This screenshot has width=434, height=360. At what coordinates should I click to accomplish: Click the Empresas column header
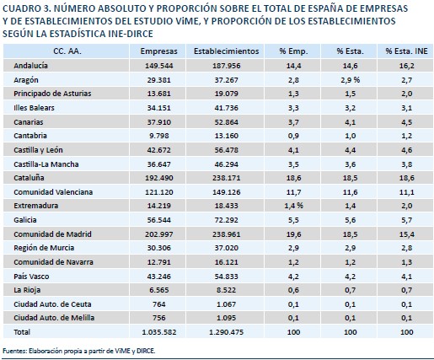coord(158,51)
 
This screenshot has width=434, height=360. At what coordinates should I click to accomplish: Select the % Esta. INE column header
coord(406,51)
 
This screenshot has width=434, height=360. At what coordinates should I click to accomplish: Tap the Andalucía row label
coord(30,66)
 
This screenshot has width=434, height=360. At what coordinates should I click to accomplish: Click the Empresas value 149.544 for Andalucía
coord(159,66)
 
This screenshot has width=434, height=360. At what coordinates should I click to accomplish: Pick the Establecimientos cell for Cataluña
coord(227,178)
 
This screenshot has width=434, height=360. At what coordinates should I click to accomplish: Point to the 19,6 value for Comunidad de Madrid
coord(293,234)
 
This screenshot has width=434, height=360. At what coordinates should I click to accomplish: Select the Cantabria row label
coord(30,136)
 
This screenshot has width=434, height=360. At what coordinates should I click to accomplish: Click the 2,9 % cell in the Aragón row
coord(351,80)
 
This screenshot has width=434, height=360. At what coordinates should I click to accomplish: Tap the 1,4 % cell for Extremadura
coord(293,206)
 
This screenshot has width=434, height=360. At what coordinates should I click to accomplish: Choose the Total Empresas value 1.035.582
coord(159,332)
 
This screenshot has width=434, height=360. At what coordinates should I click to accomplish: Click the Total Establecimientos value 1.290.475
coord(227,332)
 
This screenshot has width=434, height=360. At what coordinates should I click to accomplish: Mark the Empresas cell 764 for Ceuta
coord(159,304)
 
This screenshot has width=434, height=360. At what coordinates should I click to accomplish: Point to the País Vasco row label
coord(31,277)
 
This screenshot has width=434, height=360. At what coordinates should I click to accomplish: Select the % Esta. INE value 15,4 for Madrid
coord(407,234)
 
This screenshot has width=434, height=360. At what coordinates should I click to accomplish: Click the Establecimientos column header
coord(227,51)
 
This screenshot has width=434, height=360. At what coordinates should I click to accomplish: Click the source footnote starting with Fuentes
coord(79,351)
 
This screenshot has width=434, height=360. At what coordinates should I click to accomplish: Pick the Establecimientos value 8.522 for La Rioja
coord(227,290)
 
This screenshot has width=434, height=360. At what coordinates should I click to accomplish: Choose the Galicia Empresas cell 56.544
coord(159,220)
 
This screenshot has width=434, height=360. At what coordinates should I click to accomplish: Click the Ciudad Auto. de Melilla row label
coord(54,318)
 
